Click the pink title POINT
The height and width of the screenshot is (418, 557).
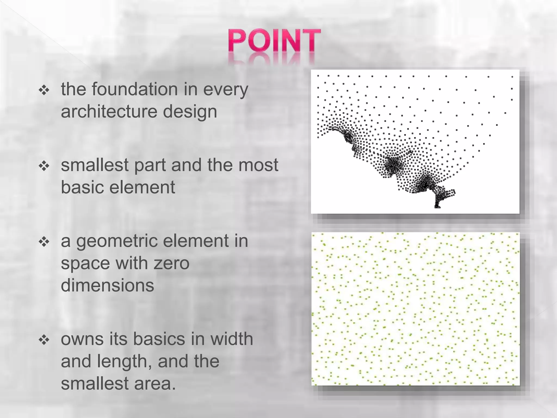[274, 41]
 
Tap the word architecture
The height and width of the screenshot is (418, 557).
[109, 112]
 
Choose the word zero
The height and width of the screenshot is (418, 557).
[171, 263]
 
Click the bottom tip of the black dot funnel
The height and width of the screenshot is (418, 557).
[437, 207]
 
